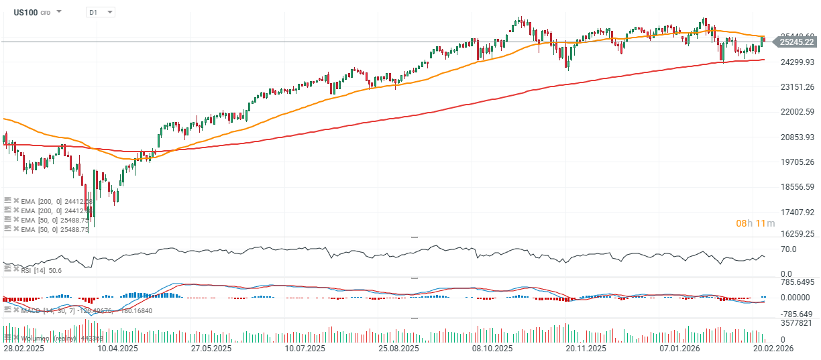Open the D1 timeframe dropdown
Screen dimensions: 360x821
(x=101, y=12)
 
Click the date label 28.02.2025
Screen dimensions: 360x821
(x=23, y=349)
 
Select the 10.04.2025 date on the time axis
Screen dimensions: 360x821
(x=118, y=349)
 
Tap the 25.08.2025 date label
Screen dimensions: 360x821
(x=398, y=349)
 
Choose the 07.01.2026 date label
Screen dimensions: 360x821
(x=679, y=349)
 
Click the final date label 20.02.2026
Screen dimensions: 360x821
(x=773, y=349)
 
